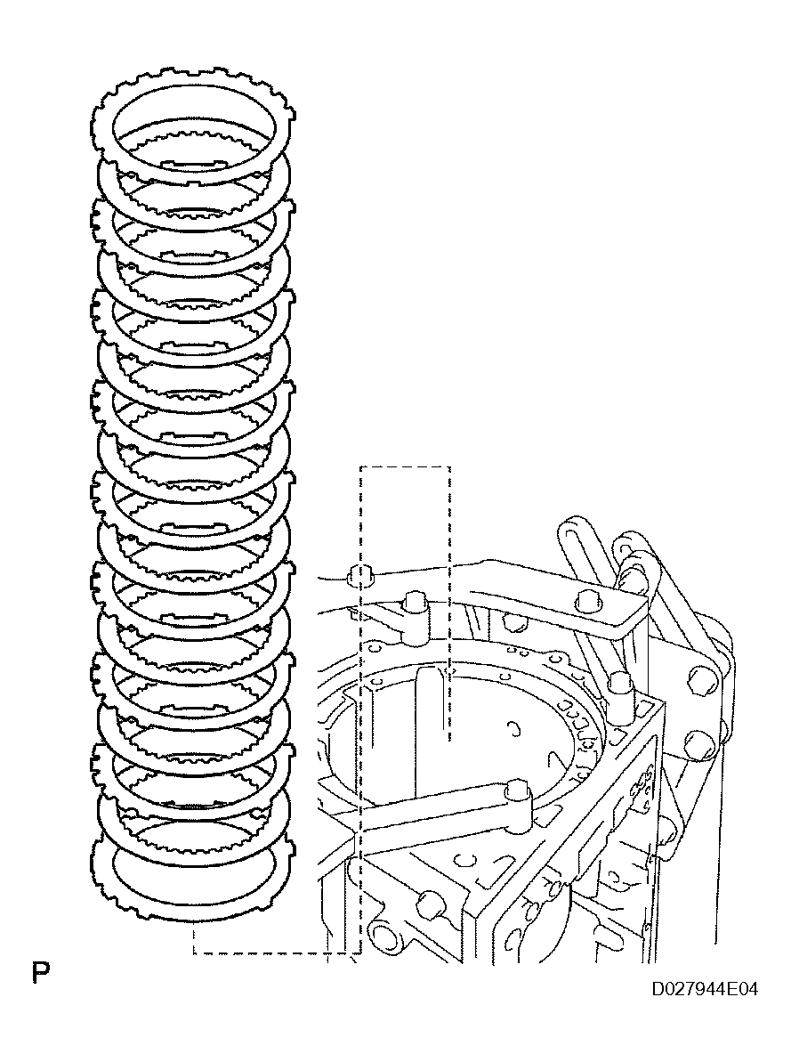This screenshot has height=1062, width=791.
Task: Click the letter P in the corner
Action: (x=40, y=972)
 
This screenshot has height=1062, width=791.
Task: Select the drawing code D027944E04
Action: (x=705, y=990)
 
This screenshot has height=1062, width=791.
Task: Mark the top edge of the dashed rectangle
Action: (x=405, y=466)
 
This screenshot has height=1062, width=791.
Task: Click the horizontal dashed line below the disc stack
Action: (x=276, y=953)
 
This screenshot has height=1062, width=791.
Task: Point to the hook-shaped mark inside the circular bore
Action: (x=514, y=728)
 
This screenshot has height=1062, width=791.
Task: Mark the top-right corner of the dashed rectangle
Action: (x=449, y=466)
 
